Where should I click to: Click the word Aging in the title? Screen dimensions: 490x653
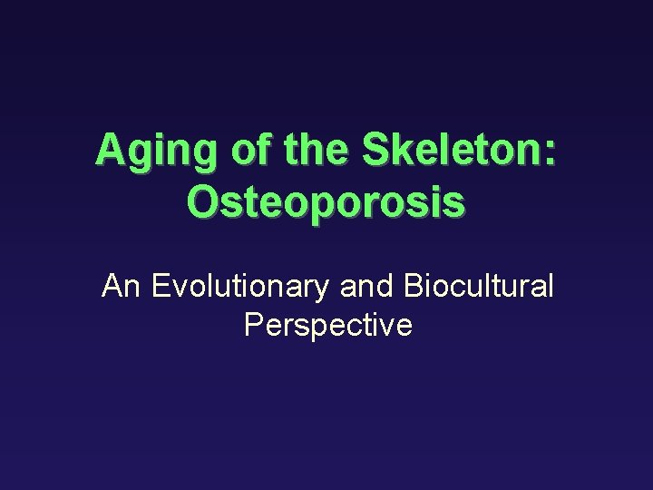[x=156, y=150]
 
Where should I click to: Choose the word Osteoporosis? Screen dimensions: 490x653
[x=326, y=201]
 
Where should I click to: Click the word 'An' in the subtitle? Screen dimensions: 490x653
[x=122, y=286]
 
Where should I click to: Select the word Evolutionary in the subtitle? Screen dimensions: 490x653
[x=240, y=288]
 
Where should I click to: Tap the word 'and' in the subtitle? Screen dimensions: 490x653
[x=367, y=286]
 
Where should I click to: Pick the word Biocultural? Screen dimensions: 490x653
[x=478, y=286]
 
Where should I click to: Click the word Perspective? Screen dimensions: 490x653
[x=328, y=325]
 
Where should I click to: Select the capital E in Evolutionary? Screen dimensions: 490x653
[x=161, y=286]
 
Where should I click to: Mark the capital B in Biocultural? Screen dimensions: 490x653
[x=413, y=286]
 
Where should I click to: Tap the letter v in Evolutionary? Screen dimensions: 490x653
[x=180, y=289]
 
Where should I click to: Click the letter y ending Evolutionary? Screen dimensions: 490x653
[x=324, y=290]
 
